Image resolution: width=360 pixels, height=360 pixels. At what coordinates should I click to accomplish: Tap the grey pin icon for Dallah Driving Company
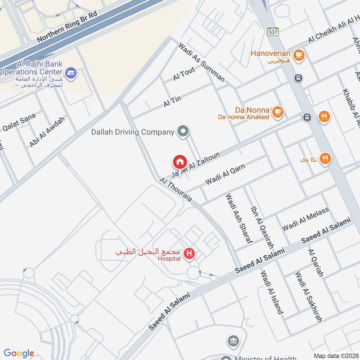[x=183, y=132]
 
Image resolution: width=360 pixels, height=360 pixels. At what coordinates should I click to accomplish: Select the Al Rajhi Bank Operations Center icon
[x=71, y=72]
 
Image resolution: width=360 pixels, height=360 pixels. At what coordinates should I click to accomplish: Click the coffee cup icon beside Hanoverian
[x=298, y=55]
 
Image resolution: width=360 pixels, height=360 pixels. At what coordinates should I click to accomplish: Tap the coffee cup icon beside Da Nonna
[x=278, y=111]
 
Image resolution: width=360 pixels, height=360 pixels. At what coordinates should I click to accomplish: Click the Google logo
[x=19, y=353]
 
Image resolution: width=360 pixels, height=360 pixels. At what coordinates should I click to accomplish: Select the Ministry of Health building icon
[x=233, y=341]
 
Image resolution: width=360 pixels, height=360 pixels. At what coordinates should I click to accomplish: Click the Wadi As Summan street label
[x=201, y=62]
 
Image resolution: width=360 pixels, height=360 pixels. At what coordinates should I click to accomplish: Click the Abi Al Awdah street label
[x=47, y=131]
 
